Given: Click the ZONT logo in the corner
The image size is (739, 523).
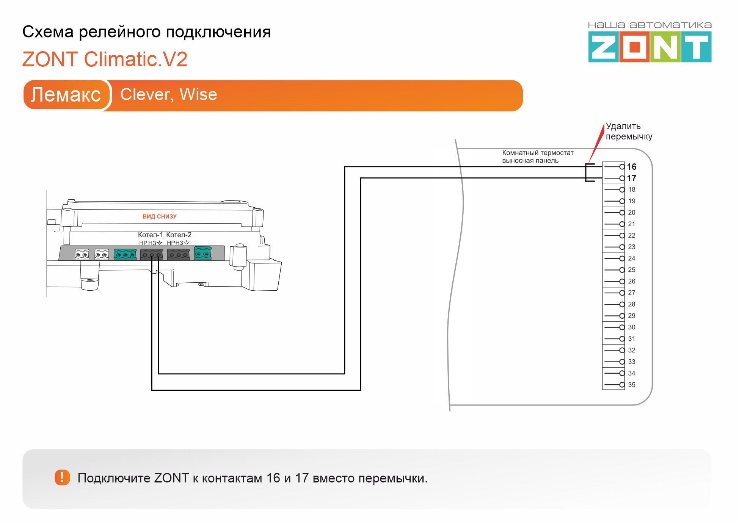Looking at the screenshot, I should [650, 47].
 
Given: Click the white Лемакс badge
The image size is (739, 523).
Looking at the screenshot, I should [66, 94].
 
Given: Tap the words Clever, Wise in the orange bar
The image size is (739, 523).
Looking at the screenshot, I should [168, 94].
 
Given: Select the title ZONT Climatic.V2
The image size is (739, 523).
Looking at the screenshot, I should [105, 60].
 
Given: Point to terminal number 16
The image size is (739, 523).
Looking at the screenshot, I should [631, 167].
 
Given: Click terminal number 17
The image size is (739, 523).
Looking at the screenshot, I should [631, 178].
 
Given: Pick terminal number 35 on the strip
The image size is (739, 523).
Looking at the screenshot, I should [631, 385].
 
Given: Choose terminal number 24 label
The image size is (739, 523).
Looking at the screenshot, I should [631, 258].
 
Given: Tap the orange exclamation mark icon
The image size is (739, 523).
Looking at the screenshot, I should [62, 478].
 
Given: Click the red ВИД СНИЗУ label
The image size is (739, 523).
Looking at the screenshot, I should [159, 216].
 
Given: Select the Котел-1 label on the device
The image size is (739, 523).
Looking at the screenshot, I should [150, 235].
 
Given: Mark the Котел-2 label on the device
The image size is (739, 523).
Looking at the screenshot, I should [179, 235].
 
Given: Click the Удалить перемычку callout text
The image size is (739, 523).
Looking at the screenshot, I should [628, 131].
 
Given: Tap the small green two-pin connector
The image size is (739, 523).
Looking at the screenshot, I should [202, 253].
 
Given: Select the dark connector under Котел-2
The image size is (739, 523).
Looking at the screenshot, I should [178, 254].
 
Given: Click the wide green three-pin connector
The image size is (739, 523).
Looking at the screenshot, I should [125, 254].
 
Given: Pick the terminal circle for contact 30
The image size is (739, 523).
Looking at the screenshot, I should [622, 327].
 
